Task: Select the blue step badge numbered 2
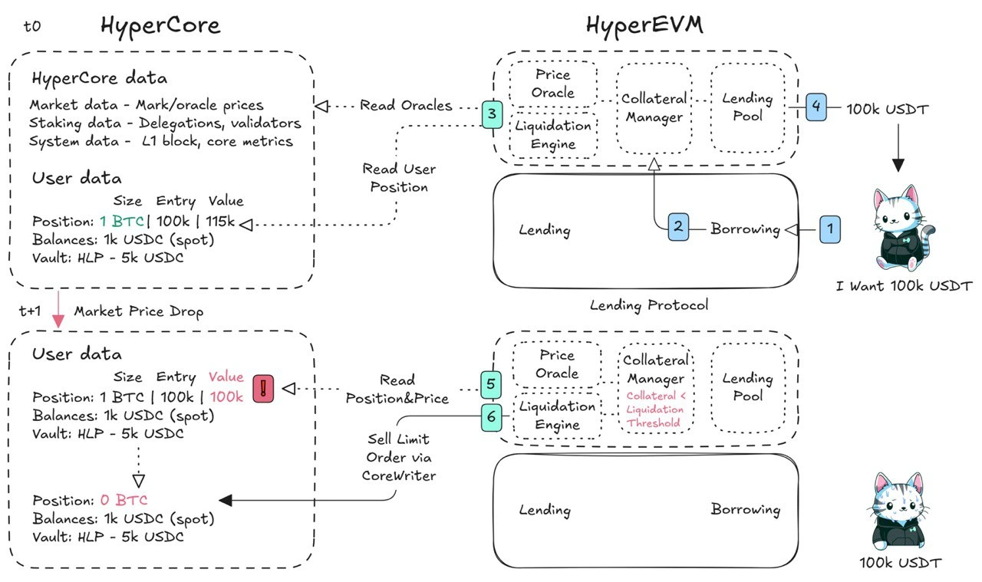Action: [678, 227]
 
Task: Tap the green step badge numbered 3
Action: [493, 114]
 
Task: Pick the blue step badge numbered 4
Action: [817, 107]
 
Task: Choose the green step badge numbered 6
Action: [493, 417]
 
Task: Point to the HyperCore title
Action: [160, 25]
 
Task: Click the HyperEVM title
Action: [644, 25]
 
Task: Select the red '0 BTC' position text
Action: [124, 500]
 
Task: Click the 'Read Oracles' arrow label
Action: [406, 106]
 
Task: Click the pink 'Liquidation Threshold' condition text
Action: [654, 409]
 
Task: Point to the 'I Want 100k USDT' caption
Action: [904, 286]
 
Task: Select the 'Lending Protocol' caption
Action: [648, 305]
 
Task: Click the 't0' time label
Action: [31, 26]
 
